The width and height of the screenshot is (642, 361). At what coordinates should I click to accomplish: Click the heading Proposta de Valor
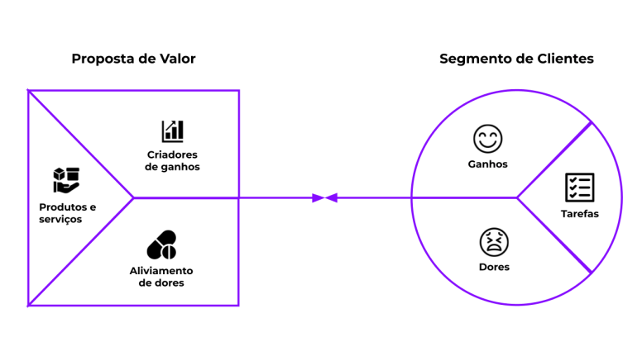[133, 59]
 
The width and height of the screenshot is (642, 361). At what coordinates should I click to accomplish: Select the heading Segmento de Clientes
[516, 59]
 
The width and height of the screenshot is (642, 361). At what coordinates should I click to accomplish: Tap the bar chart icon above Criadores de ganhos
[172, 131]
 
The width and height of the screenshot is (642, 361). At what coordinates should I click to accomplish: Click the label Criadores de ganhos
[172, 160]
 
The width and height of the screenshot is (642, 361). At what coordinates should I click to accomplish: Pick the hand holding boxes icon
[66, 179]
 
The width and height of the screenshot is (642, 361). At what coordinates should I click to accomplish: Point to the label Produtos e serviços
[67, 212]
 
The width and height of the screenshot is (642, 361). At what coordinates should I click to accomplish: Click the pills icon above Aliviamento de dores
[161, 245]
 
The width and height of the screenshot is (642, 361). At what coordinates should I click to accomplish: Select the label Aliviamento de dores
[161, 277]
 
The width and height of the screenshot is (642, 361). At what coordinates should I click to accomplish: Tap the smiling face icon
[487, 138]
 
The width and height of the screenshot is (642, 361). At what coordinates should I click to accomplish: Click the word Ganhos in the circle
[487, 164]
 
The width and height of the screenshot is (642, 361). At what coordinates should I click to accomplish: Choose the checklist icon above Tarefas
[579, 188]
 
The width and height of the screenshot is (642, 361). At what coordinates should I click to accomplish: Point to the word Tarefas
[579, 214]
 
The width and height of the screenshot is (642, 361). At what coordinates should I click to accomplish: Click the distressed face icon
[494, 242]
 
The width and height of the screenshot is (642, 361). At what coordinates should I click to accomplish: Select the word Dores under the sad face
[494, 268]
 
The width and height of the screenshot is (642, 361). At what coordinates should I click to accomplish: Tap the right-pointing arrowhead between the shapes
[318, 197]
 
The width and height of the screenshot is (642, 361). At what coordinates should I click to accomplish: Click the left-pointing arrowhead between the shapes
[331, 197]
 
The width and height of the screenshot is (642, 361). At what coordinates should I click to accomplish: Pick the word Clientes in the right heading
[564, 59]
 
